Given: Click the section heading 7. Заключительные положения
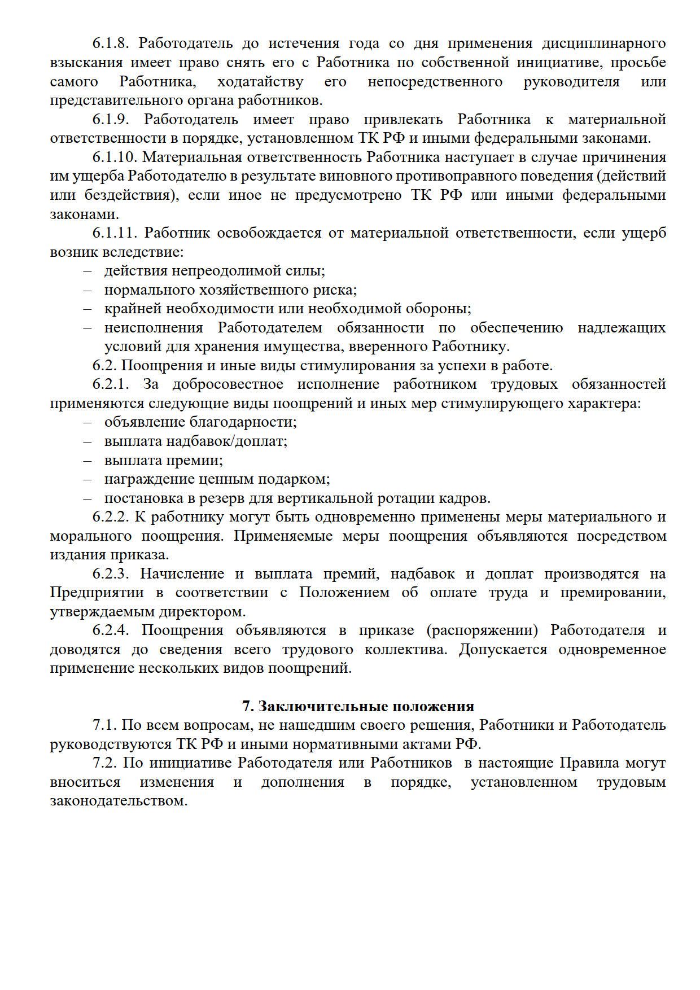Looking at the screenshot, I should point(358,706).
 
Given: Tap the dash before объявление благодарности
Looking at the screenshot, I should point(88,422).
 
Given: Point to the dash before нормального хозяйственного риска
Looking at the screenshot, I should point(88,290).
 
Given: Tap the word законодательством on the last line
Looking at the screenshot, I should point(119,801).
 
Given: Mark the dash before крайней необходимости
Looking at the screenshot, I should point(88,309).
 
